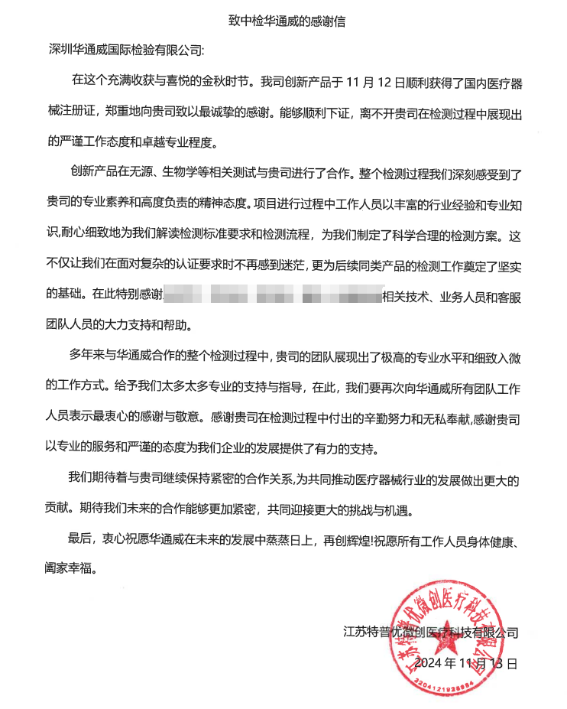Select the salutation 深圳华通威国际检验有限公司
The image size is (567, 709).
tap(125, 50)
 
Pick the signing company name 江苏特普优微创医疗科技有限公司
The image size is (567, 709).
tap(431, 633)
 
